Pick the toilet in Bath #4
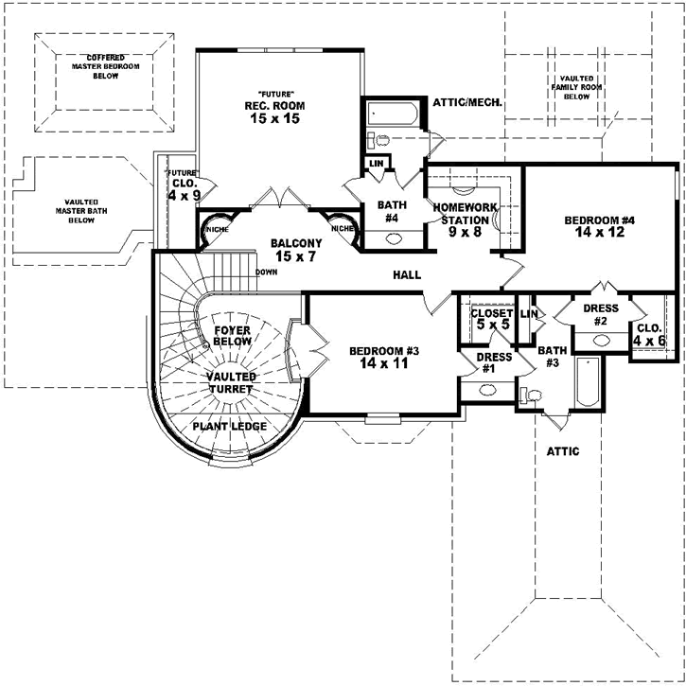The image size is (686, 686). pyautogui.click(x=381, y=140)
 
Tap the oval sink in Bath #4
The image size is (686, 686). pyautogui.click(x=391, y=239)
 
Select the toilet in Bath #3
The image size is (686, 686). pyautogui.click(x=534, y=396)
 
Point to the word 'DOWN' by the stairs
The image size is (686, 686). pyautogui.click(x=266, y=273)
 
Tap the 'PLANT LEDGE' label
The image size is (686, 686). pyautogui.click(x=229, y=427)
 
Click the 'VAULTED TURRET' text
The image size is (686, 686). pyautogui.click(x=232, y=382)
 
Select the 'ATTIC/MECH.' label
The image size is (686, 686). pyautogui.click(x=466, y=101)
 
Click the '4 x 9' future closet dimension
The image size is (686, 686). pyautogui.click(x=185, y=195)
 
